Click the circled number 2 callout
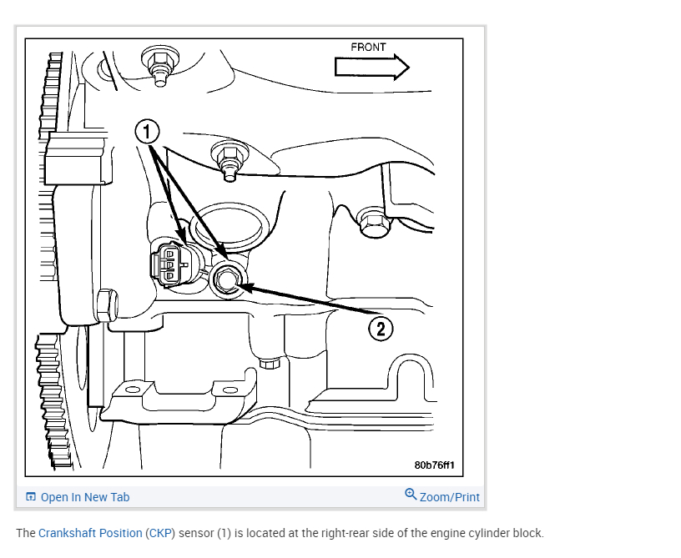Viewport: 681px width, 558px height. click(x=381, y=329)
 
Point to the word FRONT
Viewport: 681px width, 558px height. click(x=368, y=48)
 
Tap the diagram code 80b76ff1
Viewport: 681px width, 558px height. click(x=440, y=465)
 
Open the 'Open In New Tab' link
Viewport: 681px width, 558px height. click(x=85, y=497)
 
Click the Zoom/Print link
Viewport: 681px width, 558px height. click(x=449, y=497)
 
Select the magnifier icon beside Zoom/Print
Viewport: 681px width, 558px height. click(x=411, y=495)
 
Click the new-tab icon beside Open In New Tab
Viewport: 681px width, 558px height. click(x=31, y=497)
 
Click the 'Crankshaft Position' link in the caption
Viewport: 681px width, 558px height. click(x=90, y=533)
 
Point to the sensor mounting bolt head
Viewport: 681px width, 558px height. click(x=227, y=279)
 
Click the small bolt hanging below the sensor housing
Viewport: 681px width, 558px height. click(x=269, y=363)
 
